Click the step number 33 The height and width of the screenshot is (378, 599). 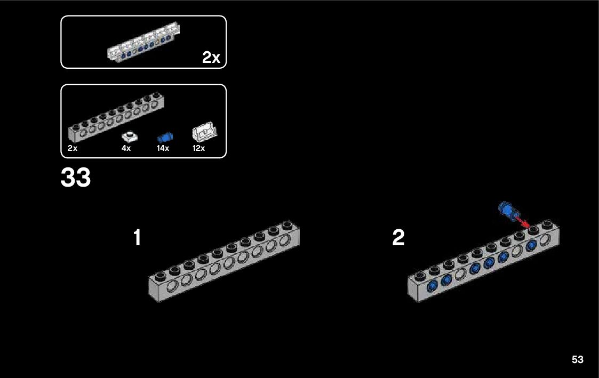coord(76,179)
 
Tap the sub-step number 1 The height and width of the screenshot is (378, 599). coord(137,238)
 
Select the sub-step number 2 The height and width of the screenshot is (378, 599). coord(398,238)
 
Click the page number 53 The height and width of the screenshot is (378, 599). coord(577,359)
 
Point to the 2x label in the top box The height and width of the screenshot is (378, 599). coord(211,58)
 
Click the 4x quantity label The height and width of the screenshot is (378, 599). coord(126,148)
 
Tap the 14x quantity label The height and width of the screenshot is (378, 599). coord(163,148)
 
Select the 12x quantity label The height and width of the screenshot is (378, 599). coord(198,148)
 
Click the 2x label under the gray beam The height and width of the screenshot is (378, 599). coord(73,148)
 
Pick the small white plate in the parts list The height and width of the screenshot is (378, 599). coord(129,135)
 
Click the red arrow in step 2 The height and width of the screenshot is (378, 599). coord(521,220)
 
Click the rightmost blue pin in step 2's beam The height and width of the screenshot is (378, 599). coord(531,246)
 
